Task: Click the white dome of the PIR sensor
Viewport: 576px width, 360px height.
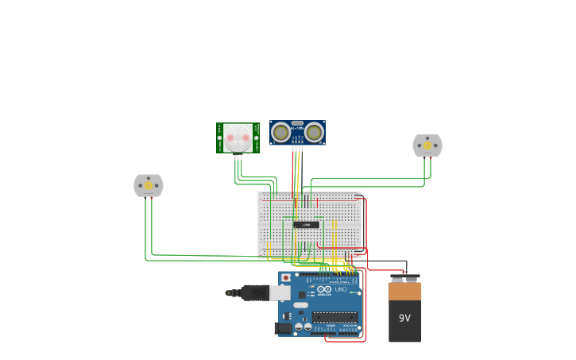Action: pos(238,138)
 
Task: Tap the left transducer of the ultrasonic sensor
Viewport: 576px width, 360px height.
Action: pos(280,133)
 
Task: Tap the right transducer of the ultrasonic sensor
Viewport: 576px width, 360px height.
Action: pos(315,133)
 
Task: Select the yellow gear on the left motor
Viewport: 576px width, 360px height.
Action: pos(148,186)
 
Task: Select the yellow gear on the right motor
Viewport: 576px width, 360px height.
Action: pos(427,145)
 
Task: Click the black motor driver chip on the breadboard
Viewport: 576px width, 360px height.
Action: pos(306,225)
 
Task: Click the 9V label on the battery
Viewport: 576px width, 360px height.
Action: pos(404,318)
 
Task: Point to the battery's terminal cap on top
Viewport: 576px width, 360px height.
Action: pos(405,278)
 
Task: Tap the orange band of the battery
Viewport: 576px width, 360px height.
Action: pos(405,292)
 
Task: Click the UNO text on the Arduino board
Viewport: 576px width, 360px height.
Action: pos(340,289)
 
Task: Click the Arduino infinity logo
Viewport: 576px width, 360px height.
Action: pos(324,289)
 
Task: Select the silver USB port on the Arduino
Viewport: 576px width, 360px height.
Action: pos(280,292)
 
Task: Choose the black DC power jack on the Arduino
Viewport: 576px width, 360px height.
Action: pos(283,327)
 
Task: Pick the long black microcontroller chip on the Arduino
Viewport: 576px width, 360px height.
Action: pos(334,316)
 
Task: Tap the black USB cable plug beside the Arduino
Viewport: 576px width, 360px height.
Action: pos(254,292)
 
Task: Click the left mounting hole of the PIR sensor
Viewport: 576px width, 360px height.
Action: pos(220,138)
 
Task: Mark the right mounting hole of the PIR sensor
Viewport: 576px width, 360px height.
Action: pos(256,138)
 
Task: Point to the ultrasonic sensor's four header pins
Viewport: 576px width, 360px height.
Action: pos(297,148)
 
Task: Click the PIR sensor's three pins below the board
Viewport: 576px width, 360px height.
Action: pos(238,157)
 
